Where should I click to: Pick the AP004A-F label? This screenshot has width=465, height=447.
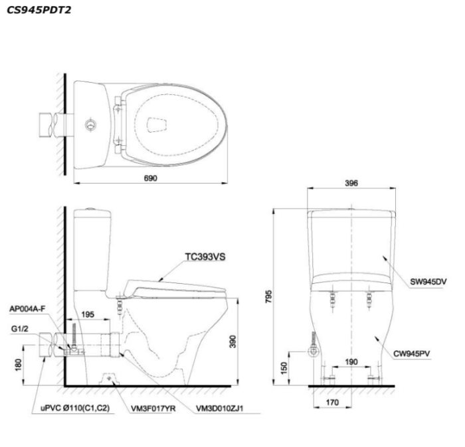[28, 308]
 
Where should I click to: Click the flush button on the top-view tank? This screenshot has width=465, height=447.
[90, 124]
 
